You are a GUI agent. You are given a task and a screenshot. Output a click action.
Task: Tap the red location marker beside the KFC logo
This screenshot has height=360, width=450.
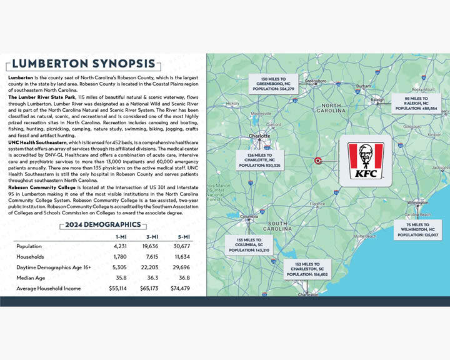click(317, 160)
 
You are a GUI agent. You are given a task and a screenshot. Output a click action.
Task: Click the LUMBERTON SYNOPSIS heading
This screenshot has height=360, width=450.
click(83, 64)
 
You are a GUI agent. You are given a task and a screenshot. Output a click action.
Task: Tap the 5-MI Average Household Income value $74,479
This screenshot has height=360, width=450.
click(180, 289)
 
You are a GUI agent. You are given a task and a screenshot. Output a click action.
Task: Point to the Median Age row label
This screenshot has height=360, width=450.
click(31, 278)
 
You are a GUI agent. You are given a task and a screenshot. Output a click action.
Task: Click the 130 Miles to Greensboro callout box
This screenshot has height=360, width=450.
click(274, 83)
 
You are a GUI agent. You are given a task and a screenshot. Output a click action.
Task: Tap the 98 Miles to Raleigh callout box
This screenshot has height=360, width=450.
click(416, 102)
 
